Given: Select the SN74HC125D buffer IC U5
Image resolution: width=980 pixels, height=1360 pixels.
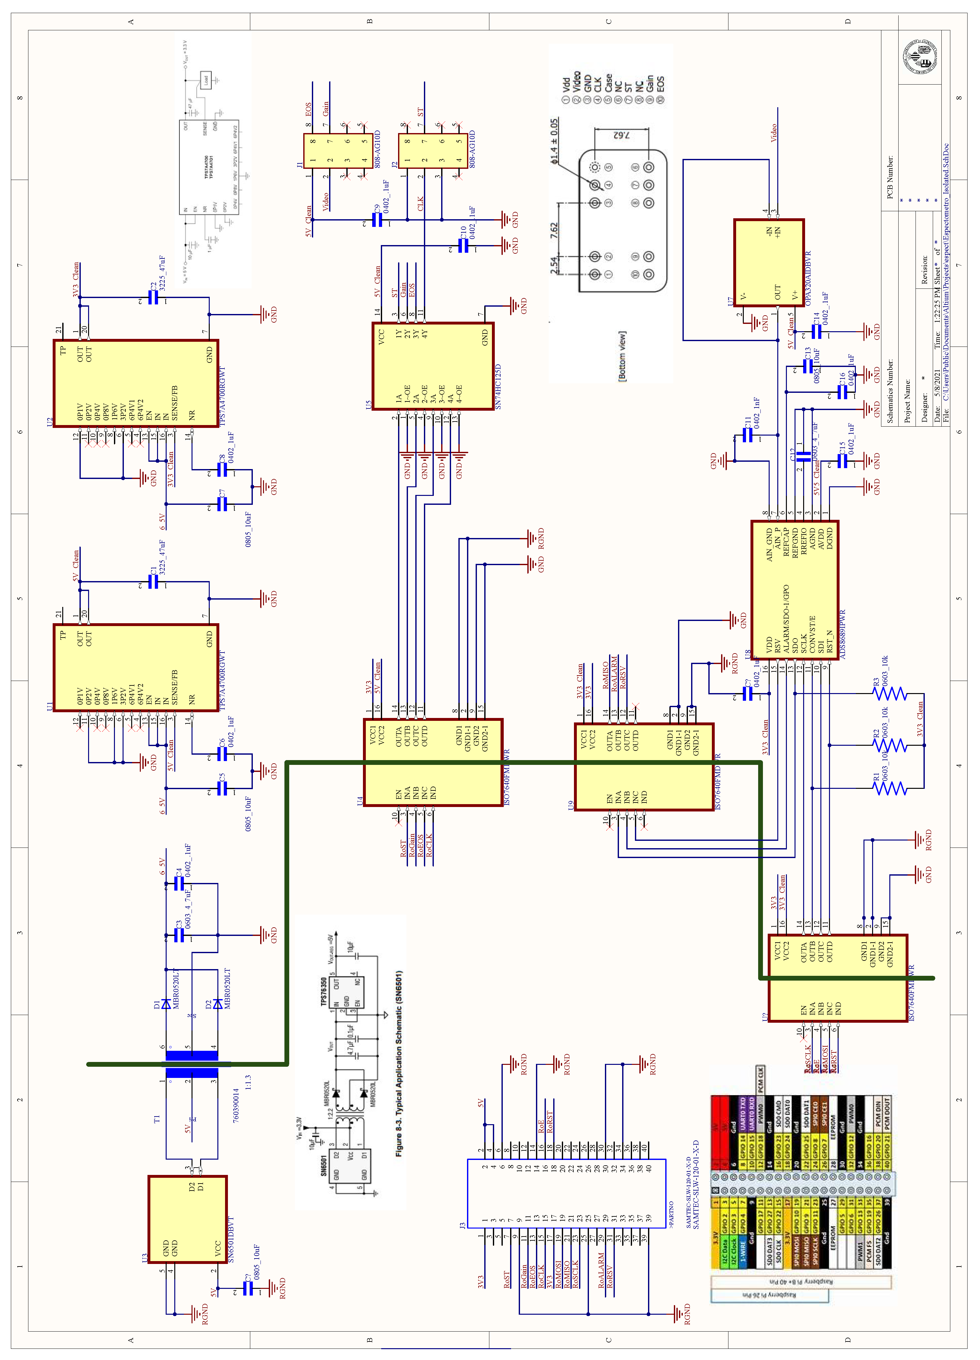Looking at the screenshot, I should click(x=433, y=366).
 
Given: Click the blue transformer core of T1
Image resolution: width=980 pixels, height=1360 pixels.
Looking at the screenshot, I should click(x=191, y=1065).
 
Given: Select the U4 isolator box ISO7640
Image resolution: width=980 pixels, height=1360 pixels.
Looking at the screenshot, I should click(x=433, y=762).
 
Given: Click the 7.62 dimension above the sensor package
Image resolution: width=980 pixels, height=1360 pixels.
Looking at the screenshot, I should click(x=621, y=135).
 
